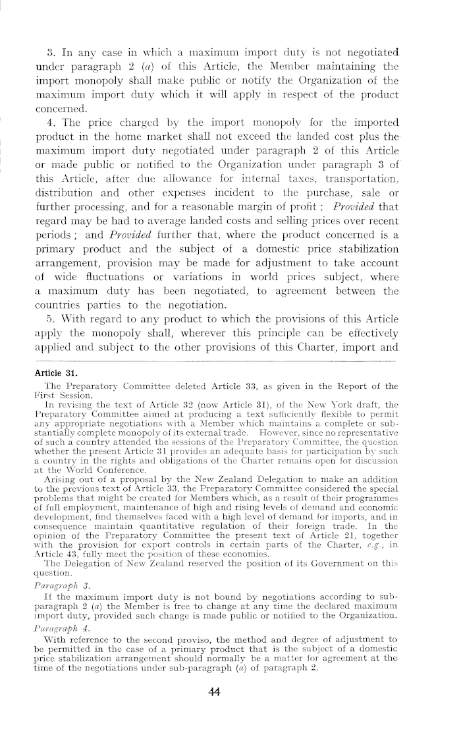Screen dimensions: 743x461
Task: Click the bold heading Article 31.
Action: pos(55,372)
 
